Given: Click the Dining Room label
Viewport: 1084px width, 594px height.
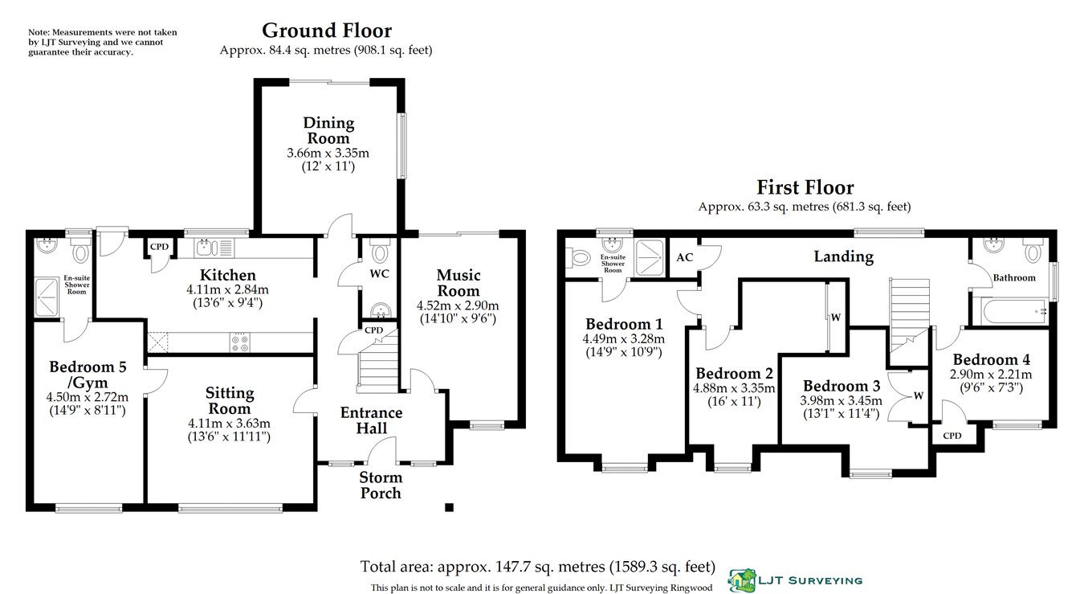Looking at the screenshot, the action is click(328, 130).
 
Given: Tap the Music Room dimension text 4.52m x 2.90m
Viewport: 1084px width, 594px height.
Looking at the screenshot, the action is click(458, 305).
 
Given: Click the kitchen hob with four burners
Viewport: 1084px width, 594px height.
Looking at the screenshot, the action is click(240, 342).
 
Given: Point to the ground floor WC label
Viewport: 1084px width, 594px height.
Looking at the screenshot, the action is click(379, 274).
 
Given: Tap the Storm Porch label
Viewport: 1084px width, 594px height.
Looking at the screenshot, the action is click(381, 485).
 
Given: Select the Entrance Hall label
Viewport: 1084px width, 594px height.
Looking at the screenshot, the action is click(372, 420).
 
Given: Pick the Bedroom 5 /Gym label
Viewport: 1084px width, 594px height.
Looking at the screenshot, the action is click(88, 375).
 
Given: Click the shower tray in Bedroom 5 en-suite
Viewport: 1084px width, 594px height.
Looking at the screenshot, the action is click(47, 297).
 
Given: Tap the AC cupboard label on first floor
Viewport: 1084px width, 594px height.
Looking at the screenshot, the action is click(685, 257).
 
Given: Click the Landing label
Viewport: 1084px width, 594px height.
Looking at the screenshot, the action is click(843, 256).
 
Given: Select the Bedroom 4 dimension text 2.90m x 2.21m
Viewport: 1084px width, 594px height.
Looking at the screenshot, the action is click(991, 374).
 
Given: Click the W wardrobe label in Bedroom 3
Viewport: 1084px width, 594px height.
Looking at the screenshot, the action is click(919, 395).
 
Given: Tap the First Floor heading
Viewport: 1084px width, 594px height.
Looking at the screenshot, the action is click(805, 187).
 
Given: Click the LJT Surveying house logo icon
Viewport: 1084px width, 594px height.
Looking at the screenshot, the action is click(743, 580).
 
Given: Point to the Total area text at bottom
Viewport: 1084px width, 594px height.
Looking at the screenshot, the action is click(538, 567).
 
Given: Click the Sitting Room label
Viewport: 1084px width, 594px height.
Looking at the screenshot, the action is click(230, 400).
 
